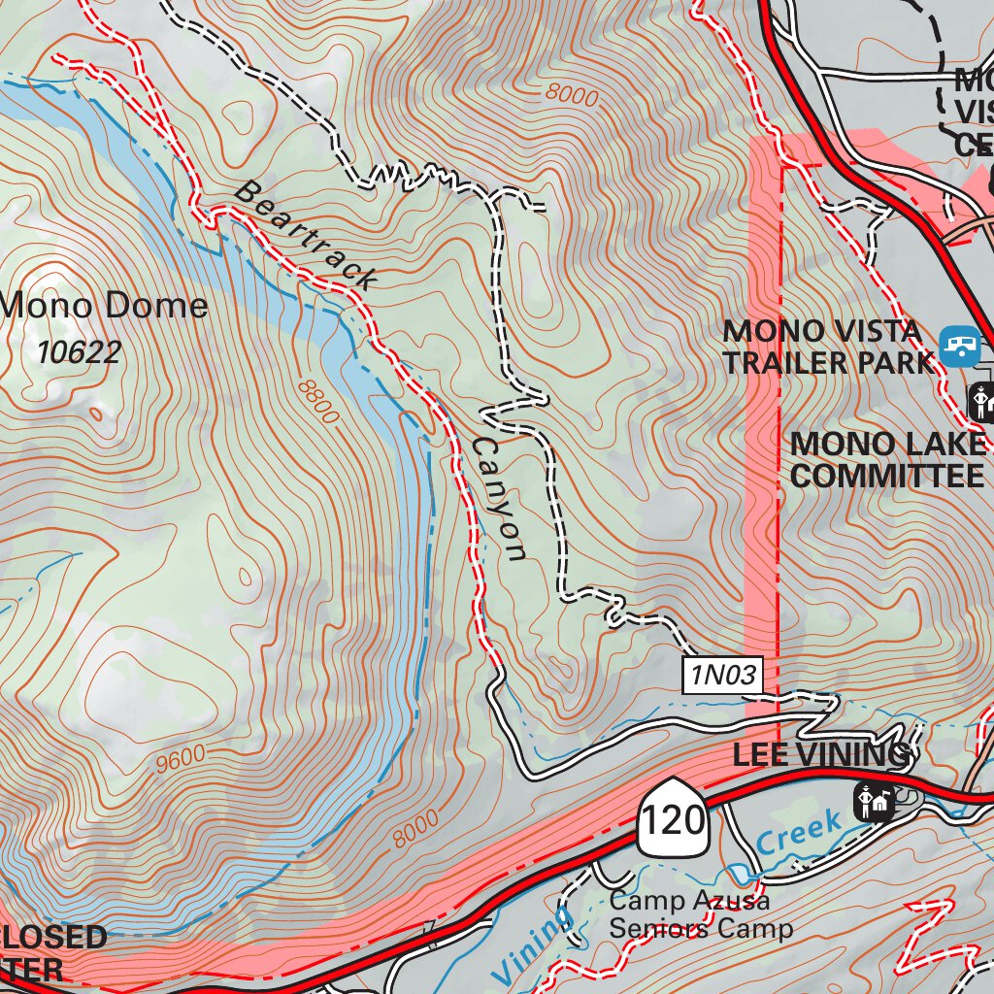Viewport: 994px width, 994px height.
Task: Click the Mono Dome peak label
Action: point(105,306)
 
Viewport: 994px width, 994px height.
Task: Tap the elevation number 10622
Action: point(80,351)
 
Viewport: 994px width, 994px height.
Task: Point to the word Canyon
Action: point(499,498)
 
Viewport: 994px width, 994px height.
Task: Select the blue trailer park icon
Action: point(959,345)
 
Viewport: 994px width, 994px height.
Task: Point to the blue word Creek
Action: point(800,834)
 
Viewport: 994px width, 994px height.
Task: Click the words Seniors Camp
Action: point(700,929)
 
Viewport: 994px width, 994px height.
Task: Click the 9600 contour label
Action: point(181,758)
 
